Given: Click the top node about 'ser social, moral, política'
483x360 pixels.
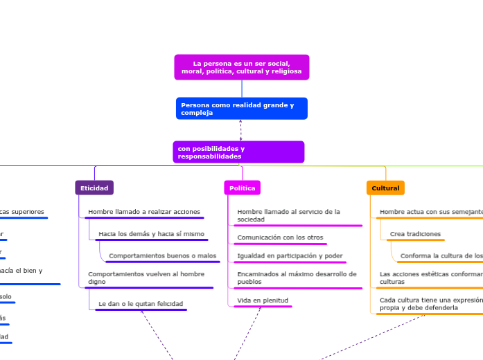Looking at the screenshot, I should tap(241, 67).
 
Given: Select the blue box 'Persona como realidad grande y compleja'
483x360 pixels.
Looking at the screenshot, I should tap(241, 109).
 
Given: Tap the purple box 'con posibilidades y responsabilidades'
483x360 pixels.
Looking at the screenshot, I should tap(238, 152).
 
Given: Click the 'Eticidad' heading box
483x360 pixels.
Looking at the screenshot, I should tap(94, 188).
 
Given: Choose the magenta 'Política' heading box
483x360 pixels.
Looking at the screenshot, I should tap(242, 188).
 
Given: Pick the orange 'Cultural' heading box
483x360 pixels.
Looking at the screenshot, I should tap(385, 188).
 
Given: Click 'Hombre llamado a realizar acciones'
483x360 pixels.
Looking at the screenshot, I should tap(144, 212).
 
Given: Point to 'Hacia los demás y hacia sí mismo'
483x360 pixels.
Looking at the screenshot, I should tap(151, 234).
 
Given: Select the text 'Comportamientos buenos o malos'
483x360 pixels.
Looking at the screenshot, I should tap(162, 256).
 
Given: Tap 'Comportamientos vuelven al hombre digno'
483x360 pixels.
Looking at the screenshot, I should tap(146, 278).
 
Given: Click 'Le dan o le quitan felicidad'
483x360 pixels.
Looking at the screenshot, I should tap(141, 304).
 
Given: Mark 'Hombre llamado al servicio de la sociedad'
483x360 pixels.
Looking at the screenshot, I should tap(288, 215).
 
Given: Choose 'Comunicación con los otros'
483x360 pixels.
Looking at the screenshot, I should tap(280, 237).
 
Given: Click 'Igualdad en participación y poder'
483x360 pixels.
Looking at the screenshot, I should tap(290, 256).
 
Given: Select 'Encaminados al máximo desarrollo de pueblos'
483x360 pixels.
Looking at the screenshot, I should tap(297, 278).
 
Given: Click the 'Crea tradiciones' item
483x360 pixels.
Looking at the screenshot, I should tap(415, 234).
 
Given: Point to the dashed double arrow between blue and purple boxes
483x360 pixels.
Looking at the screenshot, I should tap(240, 129).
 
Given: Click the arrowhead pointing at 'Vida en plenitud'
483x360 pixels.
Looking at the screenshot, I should tap(261, 309).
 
